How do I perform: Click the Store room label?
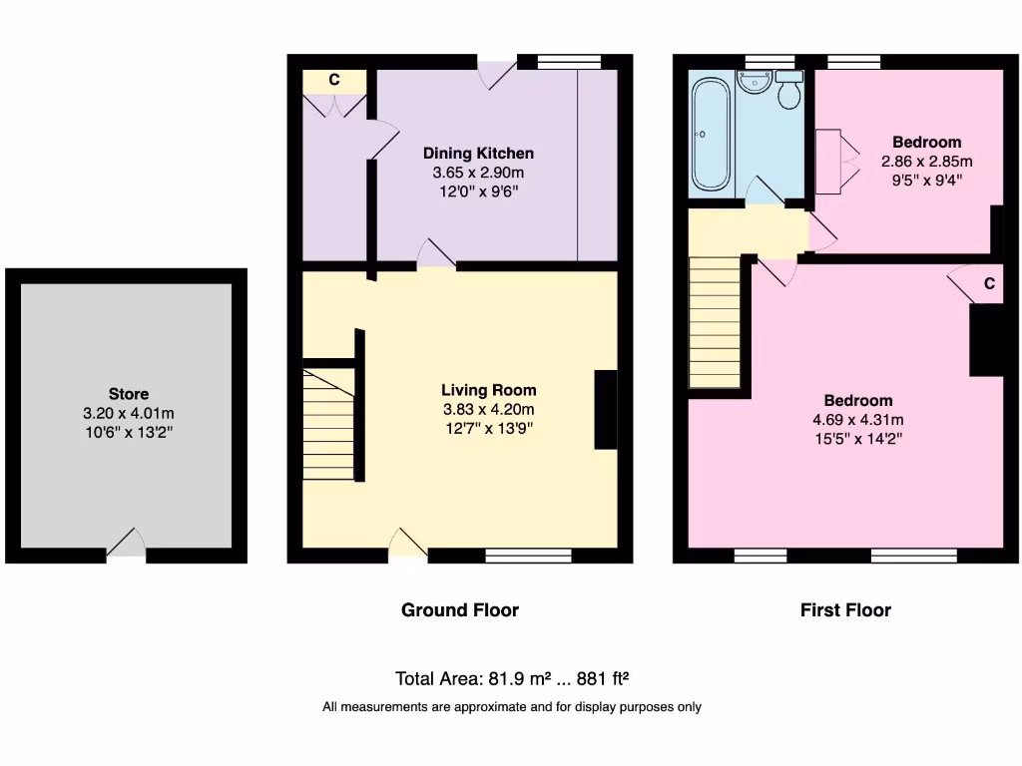tap(128, 394)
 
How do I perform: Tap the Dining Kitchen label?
tap(478, 154)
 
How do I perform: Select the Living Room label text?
tap(488, 391)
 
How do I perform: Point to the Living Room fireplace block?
tap(606, 410)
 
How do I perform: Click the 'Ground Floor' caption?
tap(459, 609)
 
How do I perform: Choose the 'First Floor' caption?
tap(845, 609)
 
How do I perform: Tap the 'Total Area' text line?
tap(511, 679)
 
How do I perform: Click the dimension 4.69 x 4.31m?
tap(858, 420)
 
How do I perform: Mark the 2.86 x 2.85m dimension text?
tap(926, 161)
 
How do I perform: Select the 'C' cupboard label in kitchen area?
tap(334, 79)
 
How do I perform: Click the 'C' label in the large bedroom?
tap(988, 283)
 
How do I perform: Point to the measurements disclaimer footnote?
tap(511, 707)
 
